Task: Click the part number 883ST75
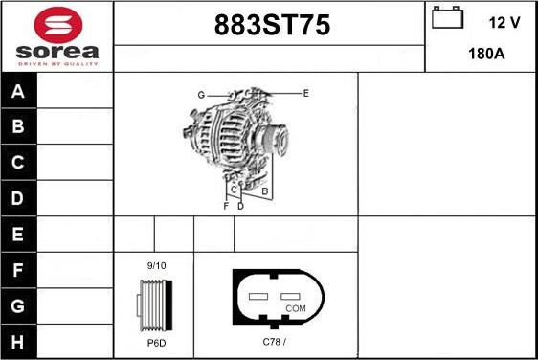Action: tap(269, 27)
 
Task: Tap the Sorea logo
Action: tap(57, 35)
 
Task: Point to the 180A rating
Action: tap(485, 55)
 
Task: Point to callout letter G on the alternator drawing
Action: tap(201, 95)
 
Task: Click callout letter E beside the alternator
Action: tap(305, 93)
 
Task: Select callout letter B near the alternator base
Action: tap(264, 191)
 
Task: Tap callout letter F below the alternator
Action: tap(226, 206)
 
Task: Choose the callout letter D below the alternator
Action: tap(240, 206)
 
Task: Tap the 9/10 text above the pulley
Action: tap(156, 265)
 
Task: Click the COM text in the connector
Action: tap(295, 308)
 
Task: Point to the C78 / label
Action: tap(275, 342)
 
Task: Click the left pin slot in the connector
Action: tap(257, 297)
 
